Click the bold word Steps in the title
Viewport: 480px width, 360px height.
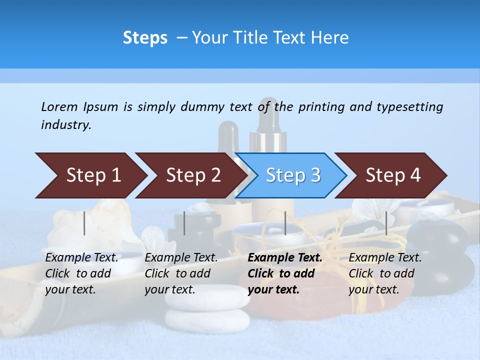145,38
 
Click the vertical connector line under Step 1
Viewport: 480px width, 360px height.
84,223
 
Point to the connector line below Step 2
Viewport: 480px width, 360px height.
184,223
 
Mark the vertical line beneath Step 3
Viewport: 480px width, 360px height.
285,223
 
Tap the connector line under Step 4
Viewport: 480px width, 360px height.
386,223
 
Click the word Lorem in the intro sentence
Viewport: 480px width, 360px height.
59,106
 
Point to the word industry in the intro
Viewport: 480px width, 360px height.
66,125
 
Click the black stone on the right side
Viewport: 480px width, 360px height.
436,240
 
